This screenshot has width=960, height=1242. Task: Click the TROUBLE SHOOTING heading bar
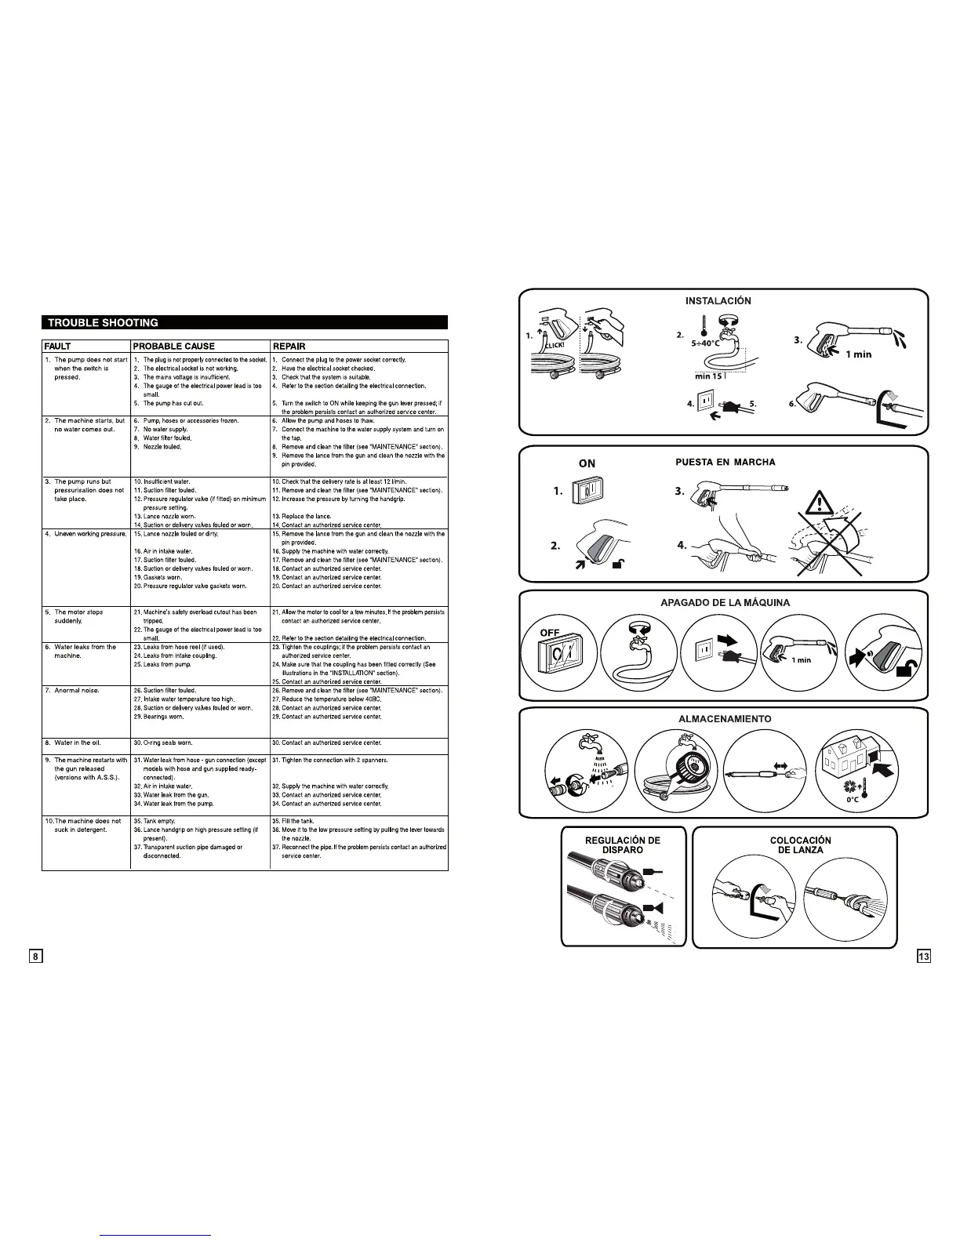[245, 322]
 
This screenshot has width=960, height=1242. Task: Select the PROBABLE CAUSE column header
[174, 346]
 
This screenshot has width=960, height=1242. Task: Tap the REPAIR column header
[289, 346]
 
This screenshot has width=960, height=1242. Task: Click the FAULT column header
[58, 346]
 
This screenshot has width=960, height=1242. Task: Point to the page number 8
[36, 956]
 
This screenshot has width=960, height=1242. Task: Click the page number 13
[924, 956]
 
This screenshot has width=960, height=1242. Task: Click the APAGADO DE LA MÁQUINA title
[724, 602]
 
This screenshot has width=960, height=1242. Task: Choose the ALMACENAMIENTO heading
[724, 718]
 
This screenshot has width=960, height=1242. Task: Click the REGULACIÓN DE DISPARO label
[623, 845]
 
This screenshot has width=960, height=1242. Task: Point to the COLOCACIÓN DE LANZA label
[800, 845]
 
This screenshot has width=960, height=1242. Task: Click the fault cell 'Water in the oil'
[78, 743]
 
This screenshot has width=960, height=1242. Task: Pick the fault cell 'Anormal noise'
[77, 690]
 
